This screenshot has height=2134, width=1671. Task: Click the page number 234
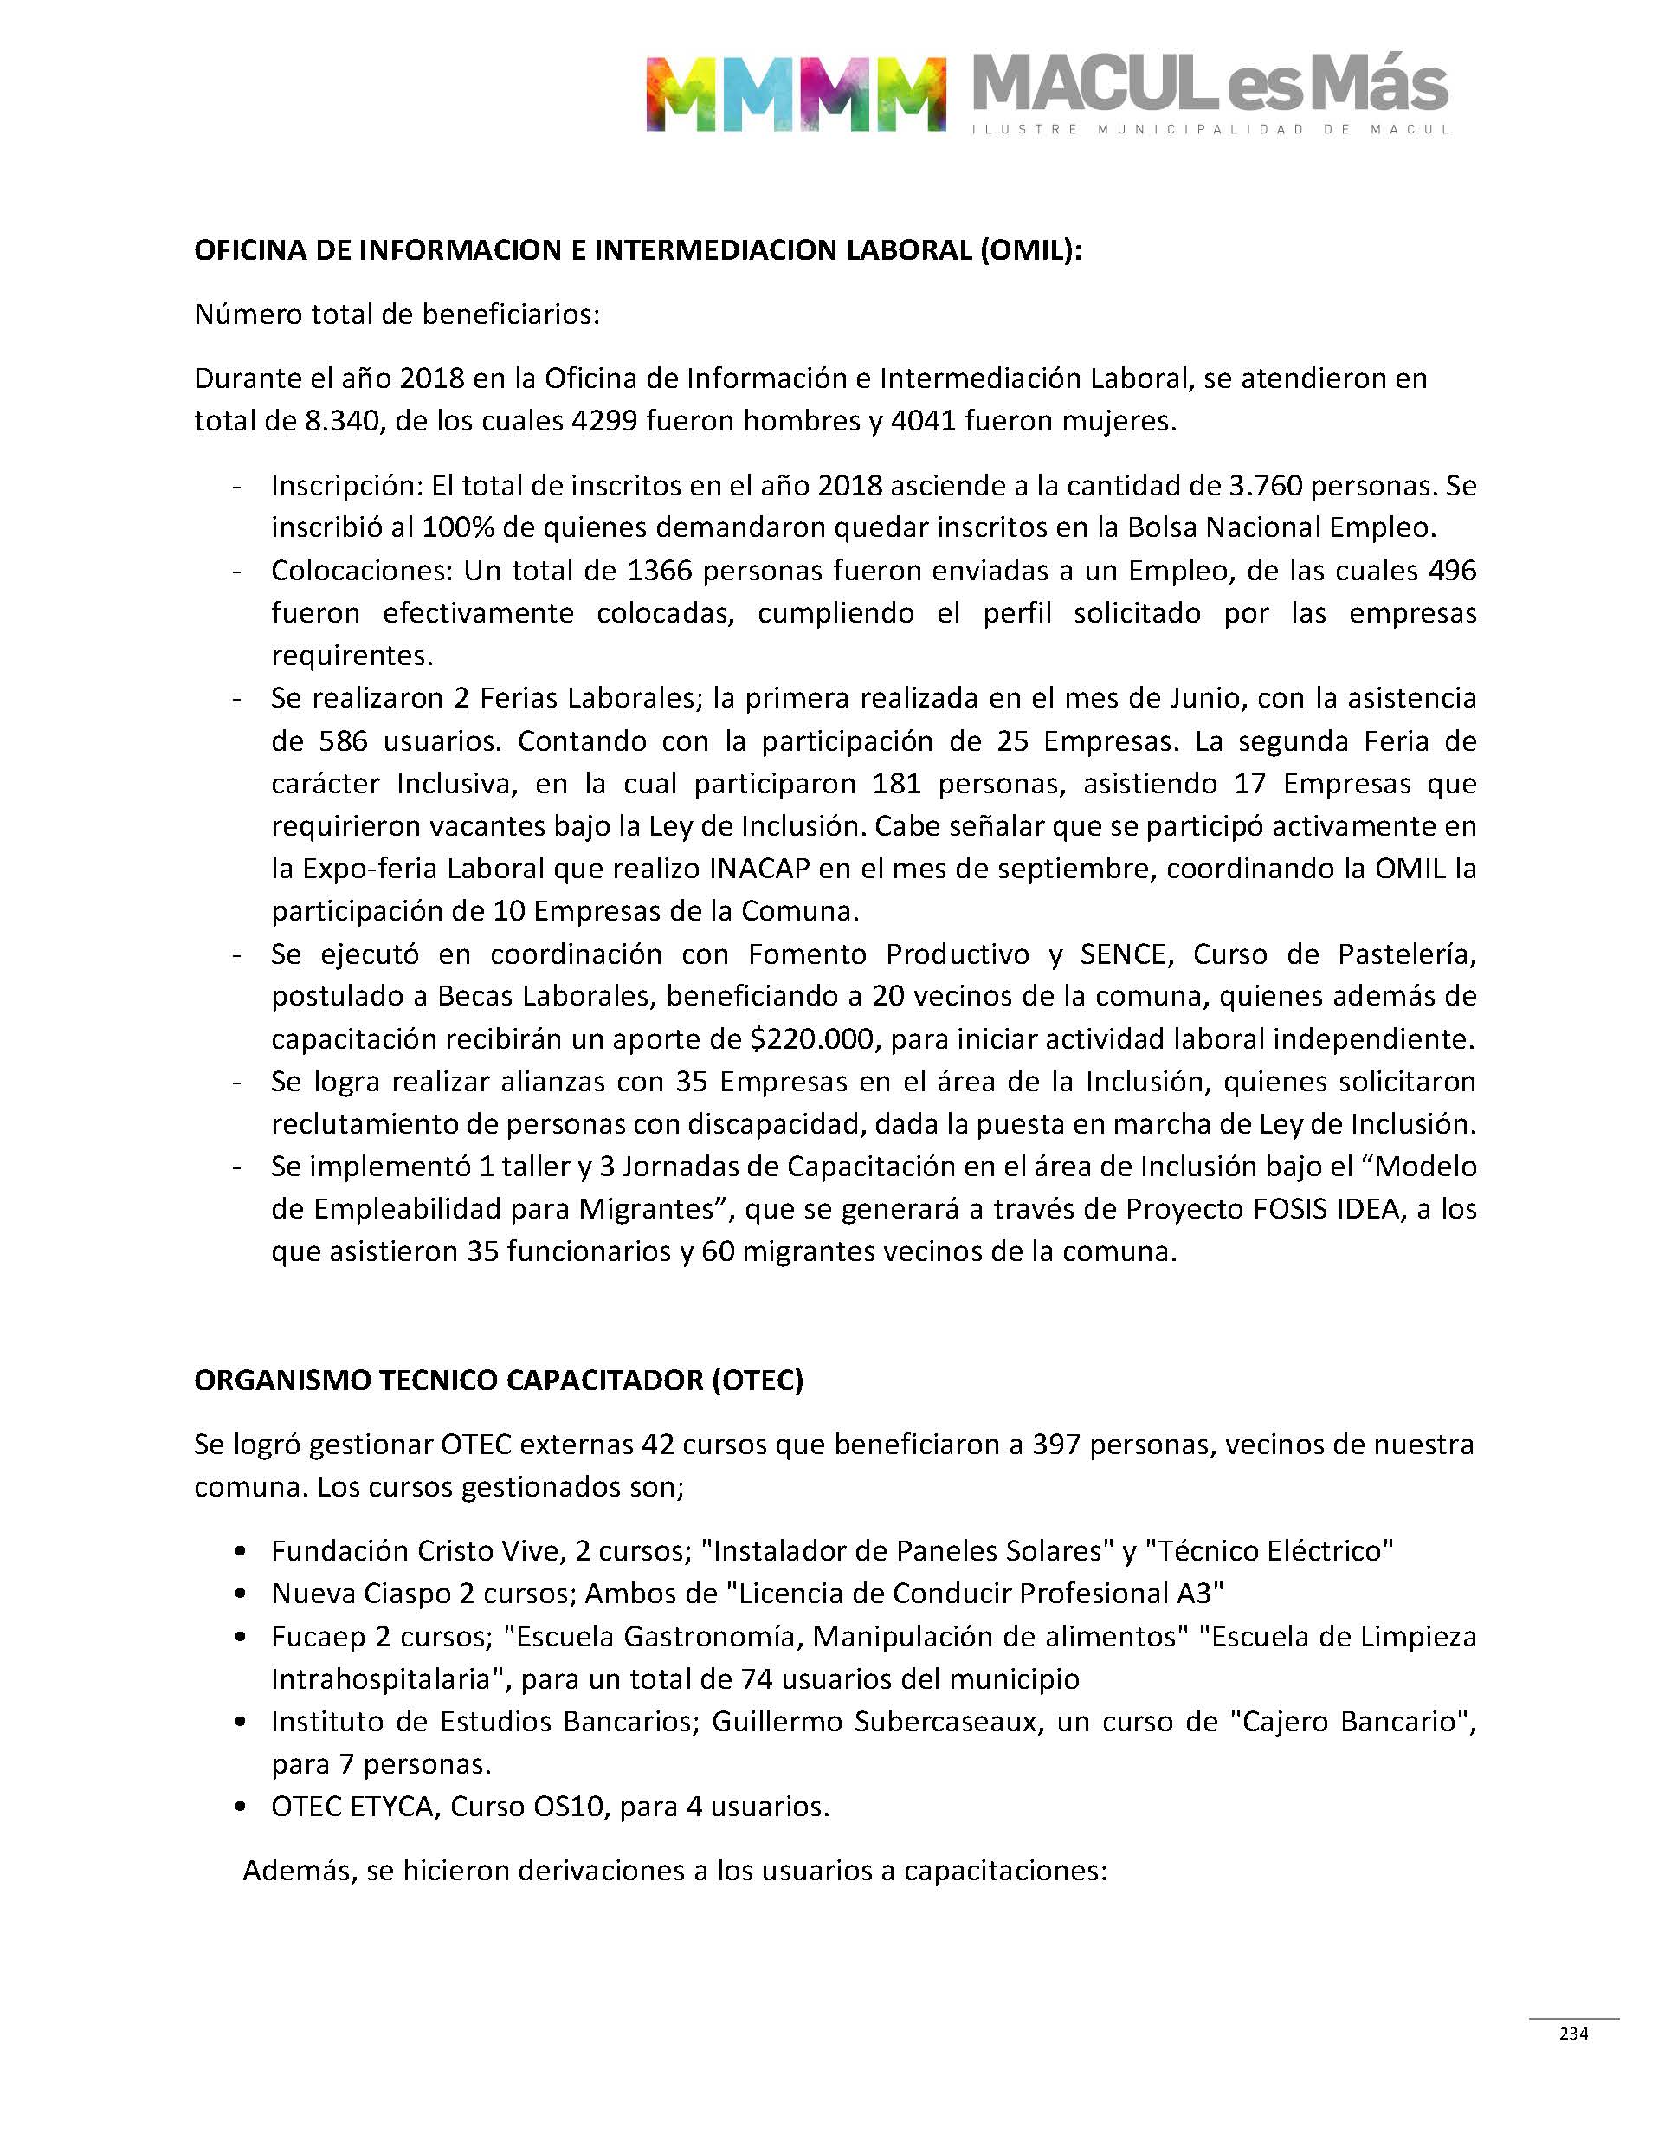pos(1573,2034)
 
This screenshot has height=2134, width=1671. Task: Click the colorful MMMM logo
pos(796,94)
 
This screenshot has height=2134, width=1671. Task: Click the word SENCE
pos(1125,954)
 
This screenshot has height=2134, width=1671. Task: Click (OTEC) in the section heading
pos(758,1381)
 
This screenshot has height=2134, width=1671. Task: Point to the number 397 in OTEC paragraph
pos(1056,1445)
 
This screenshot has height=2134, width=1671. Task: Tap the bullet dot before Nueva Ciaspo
pos(241,1595)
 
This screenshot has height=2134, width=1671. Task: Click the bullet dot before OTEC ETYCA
pos(241,1808)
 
